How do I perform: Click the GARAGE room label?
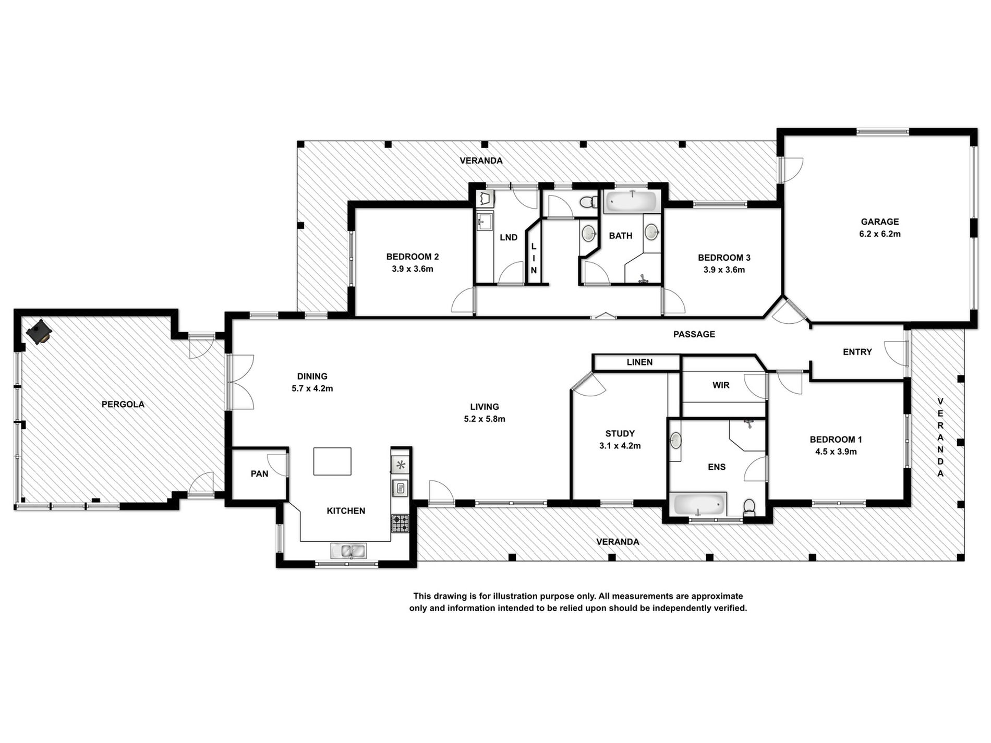(879, 222)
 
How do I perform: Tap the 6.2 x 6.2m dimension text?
(879, 234)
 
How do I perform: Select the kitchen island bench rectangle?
(332, 461)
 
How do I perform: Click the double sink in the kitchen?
(348, 550)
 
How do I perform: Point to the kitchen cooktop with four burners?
(400, 523)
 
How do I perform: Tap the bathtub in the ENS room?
(699, 504)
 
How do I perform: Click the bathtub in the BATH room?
(631, 201)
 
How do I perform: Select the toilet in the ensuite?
(749, 506)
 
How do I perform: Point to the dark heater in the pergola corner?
(39, 332)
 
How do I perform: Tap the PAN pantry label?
(259, 473)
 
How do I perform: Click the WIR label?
(721, 385)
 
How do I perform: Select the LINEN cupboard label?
(639, 362)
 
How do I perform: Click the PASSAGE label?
(694, 334)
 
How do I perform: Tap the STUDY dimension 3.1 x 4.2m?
(620, 446)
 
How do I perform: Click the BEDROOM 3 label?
(724, 258)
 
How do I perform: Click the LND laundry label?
(509, 237)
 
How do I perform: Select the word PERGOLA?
(123, 404)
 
